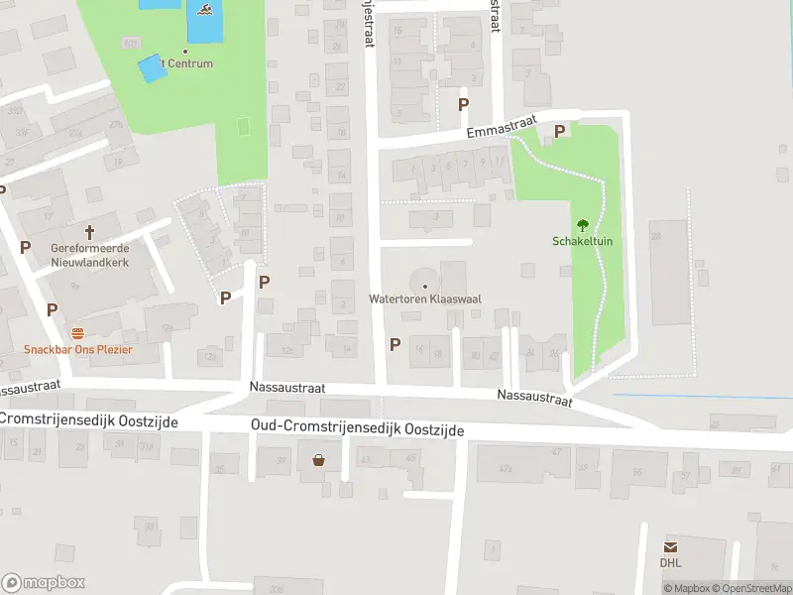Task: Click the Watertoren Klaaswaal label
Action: [425, 298]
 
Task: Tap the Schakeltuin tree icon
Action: [583, 225]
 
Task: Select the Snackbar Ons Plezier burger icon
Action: [77, 333]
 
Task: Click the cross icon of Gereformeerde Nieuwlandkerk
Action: [90, 233]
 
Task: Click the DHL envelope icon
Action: [671, 547]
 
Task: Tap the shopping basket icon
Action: [319, 459]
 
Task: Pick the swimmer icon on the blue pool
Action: [204, 11]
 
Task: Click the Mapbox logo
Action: [44, 583]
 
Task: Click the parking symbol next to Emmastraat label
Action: [559, 131]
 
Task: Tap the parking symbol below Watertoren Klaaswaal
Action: [395, 345]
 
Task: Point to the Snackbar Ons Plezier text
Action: [78, 350]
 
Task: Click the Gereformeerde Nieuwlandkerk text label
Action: [90, 258]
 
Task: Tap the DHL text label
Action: [671, 563]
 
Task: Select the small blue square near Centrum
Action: [151, 68]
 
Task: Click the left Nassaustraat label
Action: [31, 388]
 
